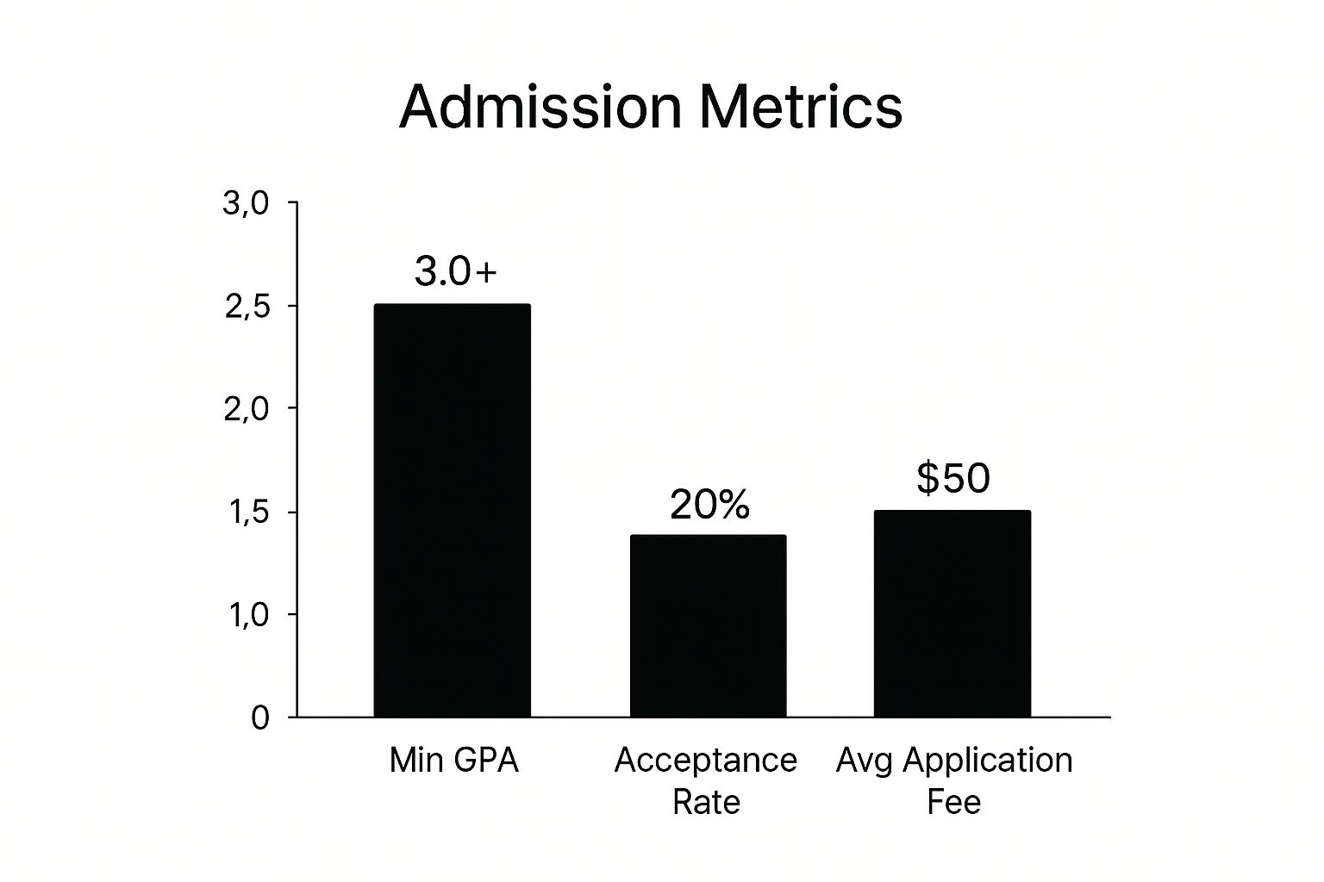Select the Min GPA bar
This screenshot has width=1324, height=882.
(x=452, y=510)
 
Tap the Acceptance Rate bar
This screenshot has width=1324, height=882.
(x=708, y=625)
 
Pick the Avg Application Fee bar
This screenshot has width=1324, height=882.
(x=952, y=613)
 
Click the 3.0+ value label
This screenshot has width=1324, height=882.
(x=455, y=272)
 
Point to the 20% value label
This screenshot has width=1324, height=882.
(x=709, y=505)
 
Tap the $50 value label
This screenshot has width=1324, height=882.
(x=952, y=478)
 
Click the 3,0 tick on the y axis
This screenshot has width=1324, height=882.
(x=247, y=204)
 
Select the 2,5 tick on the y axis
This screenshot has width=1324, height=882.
(x=247, y=307)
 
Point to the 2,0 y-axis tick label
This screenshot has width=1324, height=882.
(x=247, y=409)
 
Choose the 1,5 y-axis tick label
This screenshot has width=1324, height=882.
(x=247, y=512)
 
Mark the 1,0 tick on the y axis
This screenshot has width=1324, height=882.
(x=247, y=615)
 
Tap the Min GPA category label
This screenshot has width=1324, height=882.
(x=453, y=761)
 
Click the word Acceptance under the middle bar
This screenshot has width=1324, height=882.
(x=705, y=761)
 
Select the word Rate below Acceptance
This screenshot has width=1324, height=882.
(x=706, y=802)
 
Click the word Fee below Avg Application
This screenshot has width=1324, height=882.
(x=953, y=802)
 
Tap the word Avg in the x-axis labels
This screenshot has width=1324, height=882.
(x=865, y=761)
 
